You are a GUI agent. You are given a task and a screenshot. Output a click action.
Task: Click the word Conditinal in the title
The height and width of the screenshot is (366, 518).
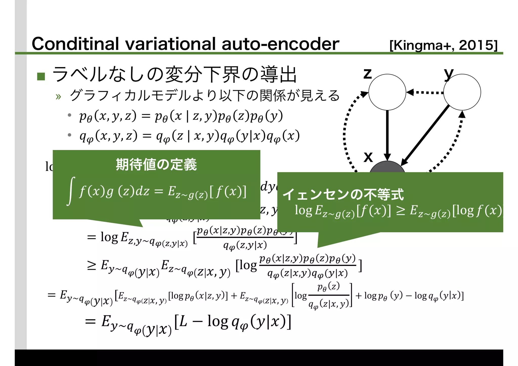click(x=75, y=44)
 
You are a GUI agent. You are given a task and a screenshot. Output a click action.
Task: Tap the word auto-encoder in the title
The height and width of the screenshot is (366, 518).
click(x=280, y=44)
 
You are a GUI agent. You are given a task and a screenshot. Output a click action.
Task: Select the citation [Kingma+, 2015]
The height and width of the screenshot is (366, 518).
click(x=443, y=45)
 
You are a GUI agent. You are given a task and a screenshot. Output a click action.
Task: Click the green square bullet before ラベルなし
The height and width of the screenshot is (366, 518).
click(x=41, y=76)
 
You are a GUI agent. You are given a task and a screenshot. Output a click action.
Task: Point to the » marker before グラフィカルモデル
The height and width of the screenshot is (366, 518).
click(x=58, y=97)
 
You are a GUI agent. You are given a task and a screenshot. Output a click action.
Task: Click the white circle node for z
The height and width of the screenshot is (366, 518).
click(x=387, y=92)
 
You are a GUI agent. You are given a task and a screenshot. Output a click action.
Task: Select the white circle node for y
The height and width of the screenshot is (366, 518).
click(x=462, y=92)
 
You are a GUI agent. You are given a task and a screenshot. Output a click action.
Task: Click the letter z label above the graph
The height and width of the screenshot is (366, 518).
click(x=368, y=74)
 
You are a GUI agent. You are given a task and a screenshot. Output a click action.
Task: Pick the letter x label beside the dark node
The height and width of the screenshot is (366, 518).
click(x=368, y=157)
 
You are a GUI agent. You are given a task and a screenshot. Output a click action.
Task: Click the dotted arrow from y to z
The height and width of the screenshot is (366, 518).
click(x=425, y=93)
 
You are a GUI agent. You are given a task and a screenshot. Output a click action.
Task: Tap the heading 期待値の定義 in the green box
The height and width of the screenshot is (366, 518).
click(x=156, y=165)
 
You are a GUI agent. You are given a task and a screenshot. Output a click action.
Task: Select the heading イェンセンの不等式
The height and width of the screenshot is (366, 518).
click(x=343, y=194)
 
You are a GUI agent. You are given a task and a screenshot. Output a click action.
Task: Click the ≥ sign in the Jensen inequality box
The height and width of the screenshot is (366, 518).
click(x=400, y=210)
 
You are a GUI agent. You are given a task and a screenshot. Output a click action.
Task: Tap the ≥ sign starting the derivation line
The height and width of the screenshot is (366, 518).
click(x=92, y=265)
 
